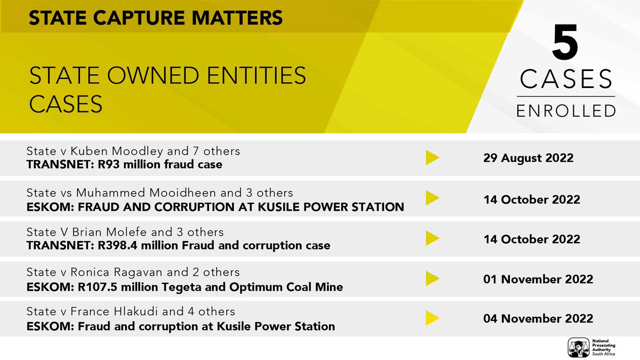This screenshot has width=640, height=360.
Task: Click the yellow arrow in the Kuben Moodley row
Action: coord(432,158)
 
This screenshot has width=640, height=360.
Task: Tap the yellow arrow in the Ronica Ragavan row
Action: coord(432,279)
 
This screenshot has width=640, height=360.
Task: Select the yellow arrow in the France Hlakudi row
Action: coord(432,318)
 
